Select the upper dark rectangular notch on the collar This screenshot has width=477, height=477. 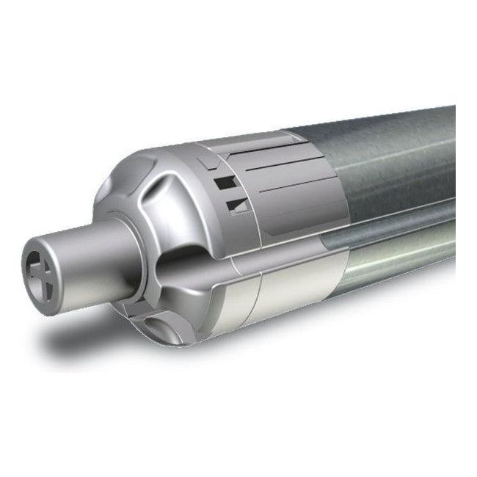tap(222, 178)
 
